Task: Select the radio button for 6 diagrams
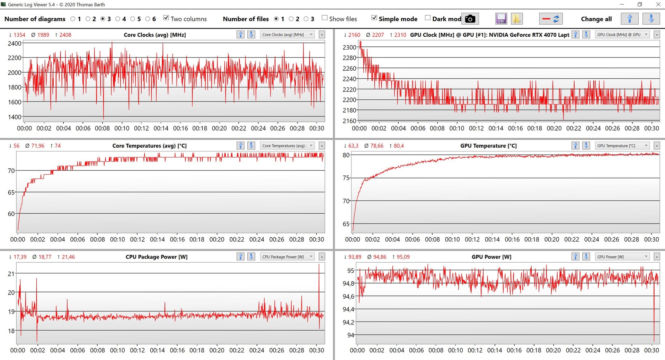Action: coord(148,19)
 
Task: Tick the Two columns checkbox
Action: coord(166,18)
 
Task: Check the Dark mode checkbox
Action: coord(428,18)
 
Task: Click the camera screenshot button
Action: coord(470,19)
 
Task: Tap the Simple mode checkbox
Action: coord(374,18)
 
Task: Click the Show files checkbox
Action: coord(325,18)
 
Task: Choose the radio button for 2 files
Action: coord(291,19)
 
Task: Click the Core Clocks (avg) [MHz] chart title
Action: coord(154,35)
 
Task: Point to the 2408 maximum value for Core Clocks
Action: coord(65,35)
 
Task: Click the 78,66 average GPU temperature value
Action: coord(377,146)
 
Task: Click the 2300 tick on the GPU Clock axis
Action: coord(349,47)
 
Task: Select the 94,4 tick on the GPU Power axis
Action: coord(348,309)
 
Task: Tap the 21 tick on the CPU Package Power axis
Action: coord(11,274)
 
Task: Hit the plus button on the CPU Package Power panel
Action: coord(322,257)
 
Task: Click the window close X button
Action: coord(658,5)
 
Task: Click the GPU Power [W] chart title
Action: coord(491,257)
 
